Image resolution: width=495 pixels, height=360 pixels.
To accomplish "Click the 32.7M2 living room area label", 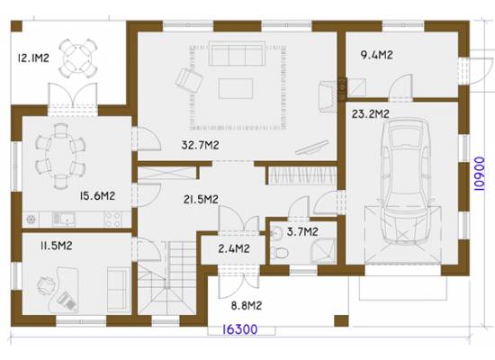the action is click(200, 145).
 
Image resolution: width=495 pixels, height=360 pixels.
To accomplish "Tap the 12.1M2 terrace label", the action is click(33, 58).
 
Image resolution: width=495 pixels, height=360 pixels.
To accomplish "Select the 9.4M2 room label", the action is click(376, 55).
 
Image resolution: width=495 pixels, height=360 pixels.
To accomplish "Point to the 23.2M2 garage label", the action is click(371, 114).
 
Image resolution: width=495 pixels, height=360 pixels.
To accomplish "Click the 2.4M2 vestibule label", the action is click(234, 248).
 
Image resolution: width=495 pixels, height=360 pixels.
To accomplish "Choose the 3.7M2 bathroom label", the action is click(302, 232).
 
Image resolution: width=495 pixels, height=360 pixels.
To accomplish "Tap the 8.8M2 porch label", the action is click(247, 306).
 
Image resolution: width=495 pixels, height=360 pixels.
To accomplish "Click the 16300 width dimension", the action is click(240, 329).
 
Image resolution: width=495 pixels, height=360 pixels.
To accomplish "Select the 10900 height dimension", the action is click(479, 174).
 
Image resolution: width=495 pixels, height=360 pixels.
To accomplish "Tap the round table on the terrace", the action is click(77, 58).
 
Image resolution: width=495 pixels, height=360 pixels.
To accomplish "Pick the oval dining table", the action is click(60, 157).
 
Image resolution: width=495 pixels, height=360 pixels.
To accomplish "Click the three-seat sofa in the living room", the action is click(236, 54).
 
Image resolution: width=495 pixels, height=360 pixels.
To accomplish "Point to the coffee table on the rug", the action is click(236, 88).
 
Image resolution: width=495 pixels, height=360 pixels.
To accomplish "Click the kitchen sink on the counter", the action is click(64, 219).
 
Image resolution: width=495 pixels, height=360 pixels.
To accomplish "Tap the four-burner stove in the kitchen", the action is click(112, 219).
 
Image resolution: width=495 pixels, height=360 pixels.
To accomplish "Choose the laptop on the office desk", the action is click(67, 301).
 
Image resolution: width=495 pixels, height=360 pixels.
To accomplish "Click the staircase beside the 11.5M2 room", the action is click(166, 278).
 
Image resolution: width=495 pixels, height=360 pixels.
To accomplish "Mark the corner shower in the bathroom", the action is click(322, 251).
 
